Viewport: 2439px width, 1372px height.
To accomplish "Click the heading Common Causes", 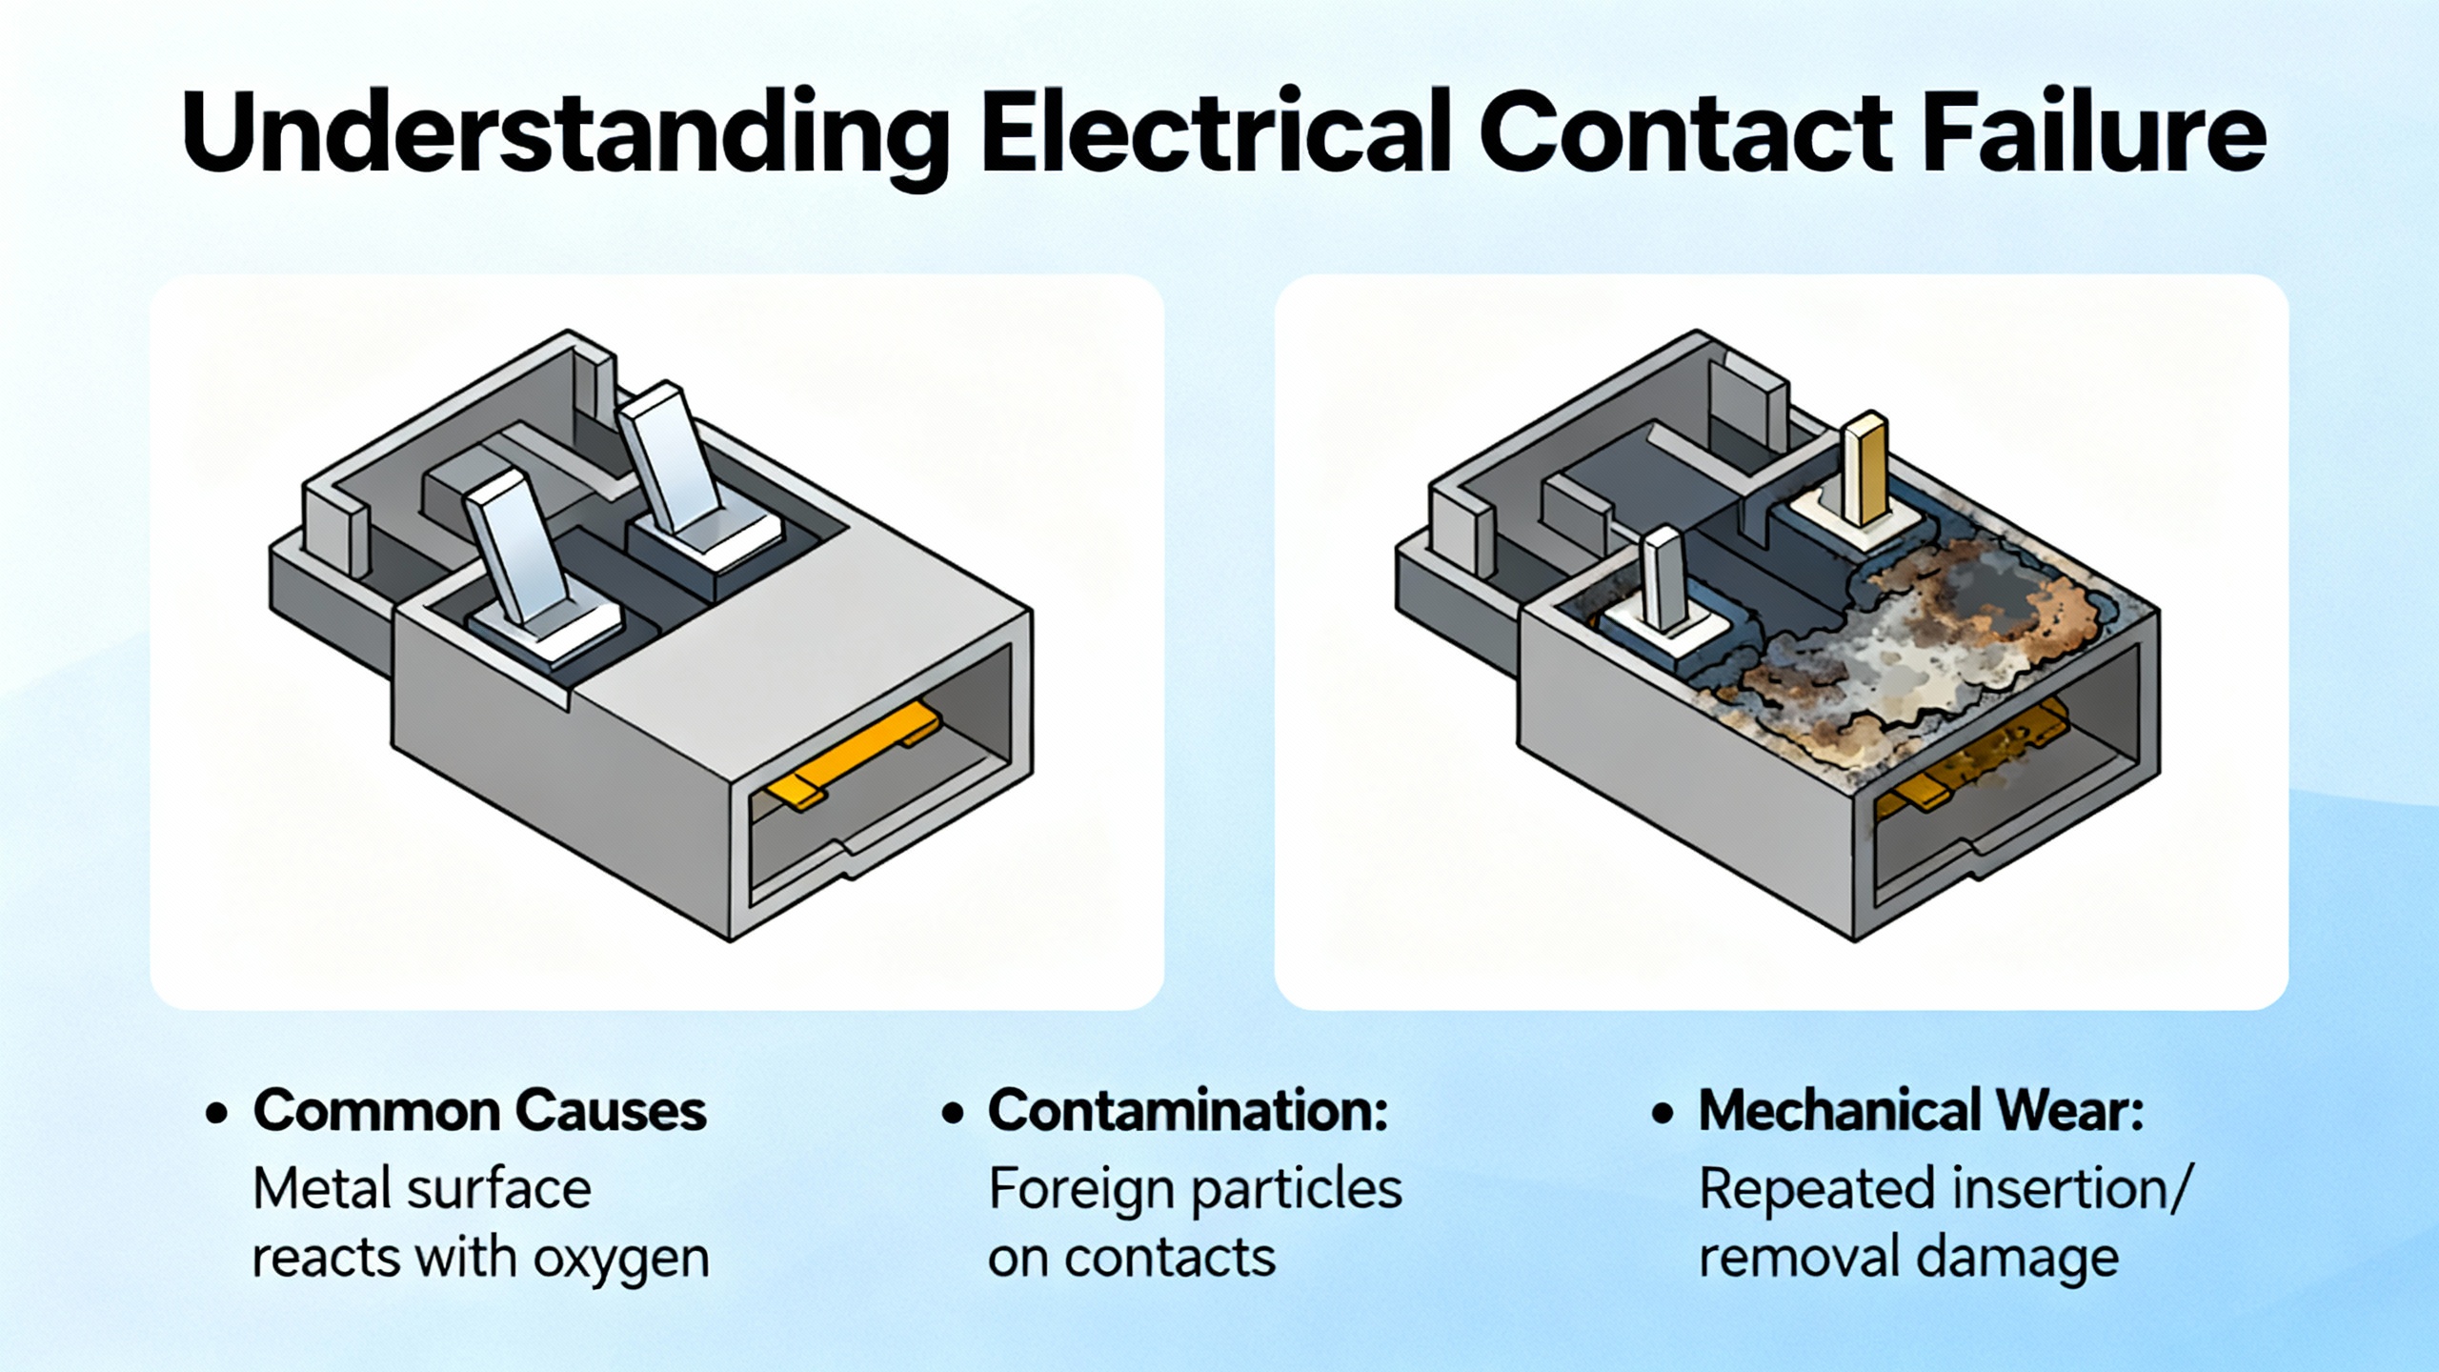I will coord(479,1111).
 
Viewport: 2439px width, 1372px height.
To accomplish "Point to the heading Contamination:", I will coord(1187,1111).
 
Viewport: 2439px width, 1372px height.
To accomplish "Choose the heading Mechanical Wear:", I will coord(1921,1111).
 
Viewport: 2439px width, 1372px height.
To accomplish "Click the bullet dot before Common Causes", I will coord(217,1113).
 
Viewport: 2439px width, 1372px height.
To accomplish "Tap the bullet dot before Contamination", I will coord(952,1113).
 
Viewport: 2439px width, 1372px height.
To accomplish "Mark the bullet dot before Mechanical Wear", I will coord(1663,1113).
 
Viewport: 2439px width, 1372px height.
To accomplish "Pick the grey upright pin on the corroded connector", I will coord(1663,581).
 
